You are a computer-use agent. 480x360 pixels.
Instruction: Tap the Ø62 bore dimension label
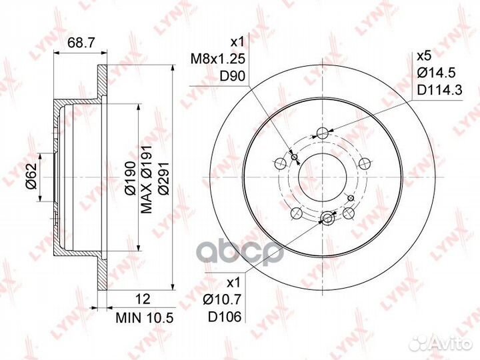point(31,176)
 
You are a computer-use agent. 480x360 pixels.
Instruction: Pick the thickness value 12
point(143,299)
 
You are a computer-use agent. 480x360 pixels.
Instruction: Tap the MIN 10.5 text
point(145,318)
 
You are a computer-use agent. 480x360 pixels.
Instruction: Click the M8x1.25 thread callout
point(218,59)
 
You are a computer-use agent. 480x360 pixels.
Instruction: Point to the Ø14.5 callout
point(437,73)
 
